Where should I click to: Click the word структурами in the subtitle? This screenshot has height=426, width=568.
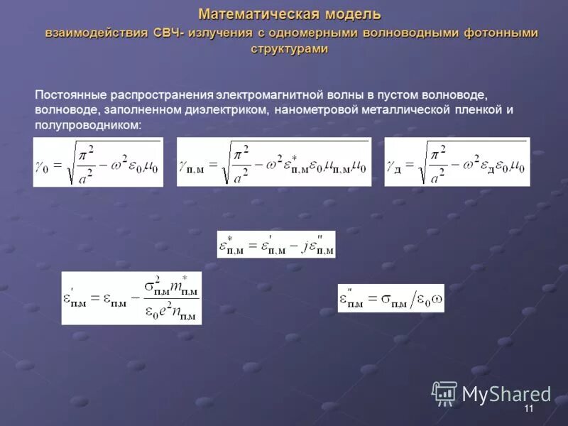[289, 49]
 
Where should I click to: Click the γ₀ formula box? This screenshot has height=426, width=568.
[98, 162]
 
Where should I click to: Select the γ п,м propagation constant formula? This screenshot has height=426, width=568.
[273, 162]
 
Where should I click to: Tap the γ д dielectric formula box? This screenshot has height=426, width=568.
[457, 162]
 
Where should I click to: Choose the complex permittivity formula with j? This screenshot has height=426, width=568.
[275, 244]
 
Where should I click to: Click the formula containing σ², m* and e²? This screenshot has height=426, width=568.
[131, 298]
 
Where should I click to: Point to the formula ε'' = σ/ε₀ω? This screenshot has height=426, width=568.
[390, 298]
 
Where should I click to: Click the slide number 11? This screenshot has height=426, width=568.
[528, 410]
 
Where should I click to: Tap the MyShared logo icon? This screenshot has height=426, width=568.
[444, 393]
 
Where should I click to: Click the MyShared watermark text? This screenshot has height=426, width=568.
[506, 394]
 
